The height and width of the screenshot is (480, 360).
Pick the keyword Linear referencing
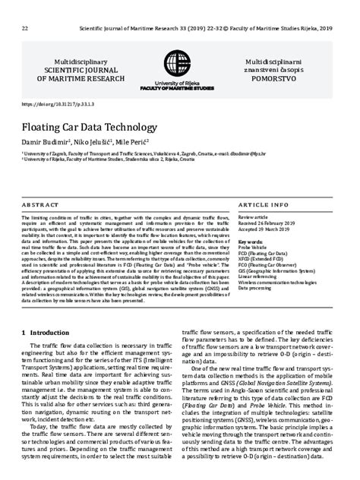click(x=260, y=277)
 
